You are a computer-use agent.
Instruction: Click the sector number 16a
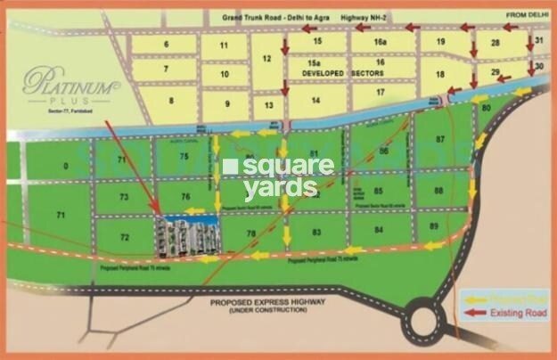(381, 41)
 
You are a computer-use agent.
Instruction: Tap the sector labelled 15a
(313, 62)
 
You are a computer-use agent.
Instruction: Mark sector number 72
(124, 237)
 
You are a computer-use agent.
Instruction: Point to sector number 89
(435, 226)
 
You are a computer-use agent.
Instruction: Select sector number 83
(316, 231)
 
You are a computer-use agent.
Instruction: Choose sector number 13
(266, 103)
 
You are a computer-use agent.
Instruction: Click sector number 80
(486, 108)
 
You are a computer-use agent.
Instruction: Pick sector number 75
(184, 156)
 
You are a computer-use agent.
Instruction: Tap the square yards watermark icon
(231, 167)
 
